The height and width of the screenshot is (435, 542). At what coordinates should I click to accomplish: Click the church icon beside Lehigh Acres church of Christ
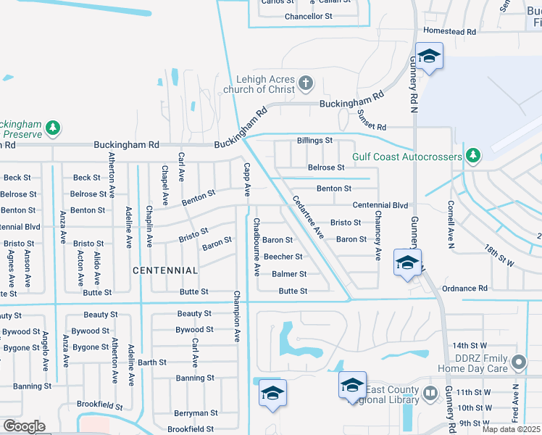coord(306,83)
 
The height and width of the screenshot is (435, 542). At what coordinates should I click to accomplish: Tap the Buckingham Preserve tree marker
coord(52,128)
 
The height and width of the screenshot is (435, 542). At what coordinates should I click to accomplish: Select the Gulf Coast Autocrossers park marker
coord(473,155)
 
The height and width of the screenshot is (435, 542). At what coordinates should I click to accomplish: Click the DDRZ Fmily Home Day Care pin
coord(518,361)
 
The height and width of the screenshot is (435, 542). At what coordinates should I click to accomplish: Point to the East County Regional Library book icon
coord(430,394)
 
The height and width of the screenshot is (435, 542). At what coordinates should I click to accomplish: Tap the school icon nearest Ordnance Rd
coord(407,262)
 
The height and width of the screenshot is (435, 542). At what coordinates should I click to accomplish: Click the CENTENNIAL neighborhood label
coord(165,270)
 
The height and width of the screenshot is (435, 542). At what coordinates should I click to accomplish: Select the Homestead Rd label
coord(449,32)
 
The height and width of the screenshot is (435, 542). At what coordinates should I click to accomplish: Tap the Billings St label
coord(314,140)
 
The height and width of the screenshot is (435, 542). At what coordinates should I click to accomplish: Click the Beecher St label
coord(283,257)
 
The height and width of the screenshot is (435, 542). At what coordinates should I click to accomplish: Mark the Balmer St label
coord(289,274)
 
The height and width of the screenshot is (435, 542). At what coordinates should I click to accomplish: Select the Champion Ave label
coord(236,316)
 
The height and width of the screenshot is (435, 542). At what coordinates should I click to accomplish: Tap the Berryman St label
coord(196,413)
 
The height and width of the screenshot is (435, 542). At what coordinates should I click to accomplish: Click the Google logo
coord(23,426)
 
